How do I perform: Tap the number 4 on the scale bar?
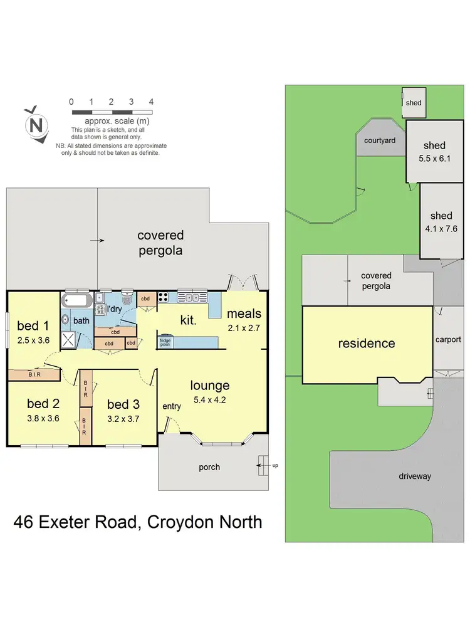click(151, 102)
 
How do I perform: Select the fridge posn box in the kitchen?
click(165, 342)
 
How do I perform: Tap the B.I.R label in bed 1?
click(34, 374)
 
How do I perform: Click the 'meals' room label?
click(244, 313)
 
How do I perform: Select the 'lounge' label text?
click(210, 386)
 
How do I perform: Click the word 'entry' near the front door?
click(172, 406)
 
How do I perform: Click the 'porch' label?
click(209, 467)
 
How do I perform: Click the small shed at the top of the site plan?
click(414, 103)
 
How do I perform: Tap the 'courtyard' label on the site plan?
click(380, 141)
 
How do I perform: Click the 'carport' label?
click(448, 340)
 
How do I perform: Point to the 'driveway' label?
click(415, 477)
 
